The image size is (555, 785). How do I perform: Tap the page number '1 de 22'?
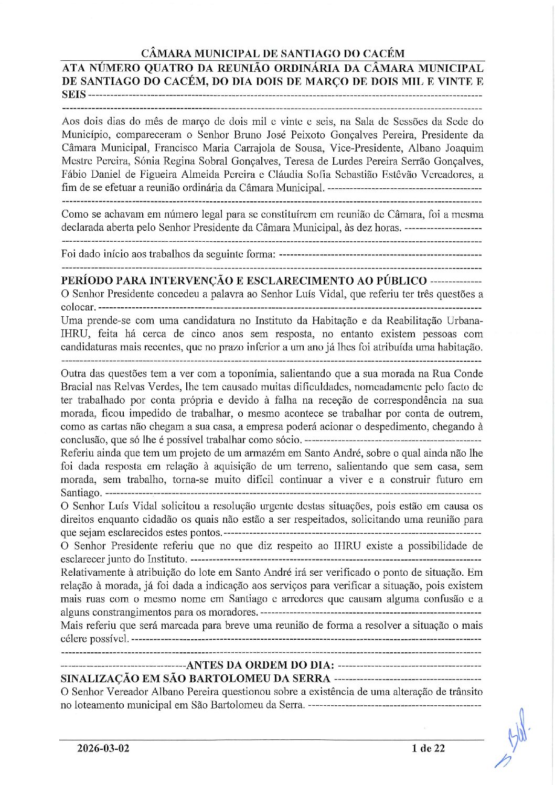428,748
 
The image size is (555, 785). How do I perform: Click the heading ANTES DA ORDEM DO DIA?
260,665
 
